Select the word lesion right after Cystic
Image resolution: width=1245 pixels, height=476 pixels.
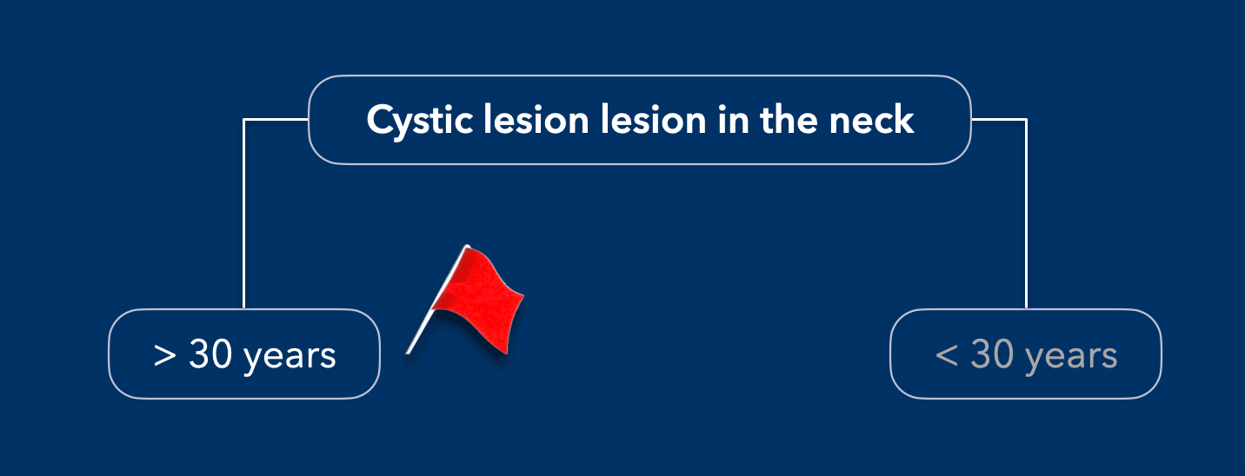[x=536, y=119]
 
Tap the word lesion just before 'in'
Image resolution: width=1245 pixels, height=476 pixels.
[x=654, y=119]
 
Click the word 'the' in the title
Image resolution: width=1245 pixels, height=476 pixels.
[x=789, y=119]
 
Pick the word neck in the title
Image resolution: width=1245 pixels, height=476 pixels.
[x=871, y=119]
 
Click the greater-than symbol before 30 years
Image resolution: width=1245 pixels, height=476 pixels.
[x=164, y=355]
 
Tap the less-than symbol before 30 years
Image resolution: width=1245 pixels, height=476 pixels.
[x=947, y=355]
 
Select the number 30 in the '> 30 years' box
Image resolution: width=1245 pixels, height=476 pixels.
[x=210, y=354]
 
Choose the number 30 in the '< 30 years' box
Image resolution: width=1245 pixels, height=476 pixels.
[x=992, y=354]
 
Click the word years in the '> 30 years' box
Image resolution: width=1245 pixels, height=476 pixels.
[x=290, y=358]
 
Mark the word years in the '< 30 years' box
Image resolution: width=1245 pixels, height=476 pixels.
[x=1072, y=358]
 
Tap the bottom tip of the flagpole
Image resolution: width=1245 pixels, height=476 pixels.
[x=408, y=353]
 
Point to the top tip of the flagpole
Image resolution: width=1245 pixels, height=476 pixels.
[x=467, y=246]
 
